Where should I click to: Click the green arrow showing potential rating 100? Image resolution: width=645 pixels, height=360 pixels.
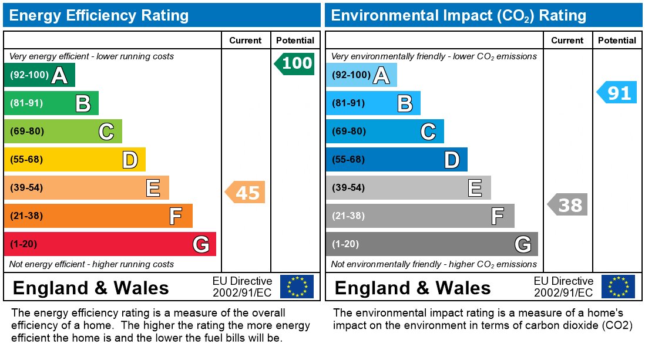295,63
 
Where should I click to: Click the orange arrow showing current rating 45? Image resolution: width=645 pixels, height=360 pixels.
246,193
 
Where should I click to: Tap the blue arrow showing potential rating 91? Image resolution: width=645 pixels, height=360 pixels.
617,93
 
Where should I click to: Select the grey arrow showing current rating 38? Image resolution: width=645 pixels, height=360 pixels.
568,204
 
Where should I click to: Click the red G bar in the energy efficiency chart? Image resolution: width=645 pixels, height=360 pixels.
110,244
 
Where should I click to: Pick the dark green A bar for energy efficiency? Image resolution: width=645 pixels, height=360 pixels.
39,75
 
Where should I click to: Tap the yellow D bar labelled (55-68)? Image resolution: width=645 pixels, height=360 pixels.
75,160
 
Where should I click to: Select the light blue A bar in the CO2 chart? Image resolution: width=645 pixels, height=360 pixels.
361,75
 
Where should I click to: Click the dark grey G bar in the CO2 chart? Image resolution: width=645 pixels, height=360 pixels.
431,244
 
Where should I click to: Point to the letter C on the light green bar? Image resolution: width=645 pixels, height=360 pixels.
106,132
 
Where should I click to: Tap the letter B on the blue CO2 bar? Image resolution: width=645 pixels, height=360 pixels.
404,104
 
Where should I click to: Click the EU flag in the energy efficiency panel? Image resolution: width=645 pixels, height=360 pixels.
297,287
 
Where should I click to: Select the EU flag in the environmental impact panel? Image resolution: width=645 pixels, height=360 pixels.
618,287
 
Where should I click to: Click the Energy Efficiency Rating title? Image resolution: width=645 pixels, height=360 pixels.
99,15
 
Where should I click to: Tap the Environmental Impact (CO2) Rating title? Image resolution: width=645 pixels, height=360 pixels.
458,15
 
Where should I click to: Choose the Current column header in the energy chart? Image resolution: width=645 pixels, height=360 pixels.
245,41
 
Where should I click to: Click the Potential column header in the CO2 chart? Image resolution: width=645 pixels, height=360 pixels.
617,41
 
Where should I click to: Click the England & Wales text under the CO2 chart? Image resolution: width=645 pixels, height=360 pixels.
412,288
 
